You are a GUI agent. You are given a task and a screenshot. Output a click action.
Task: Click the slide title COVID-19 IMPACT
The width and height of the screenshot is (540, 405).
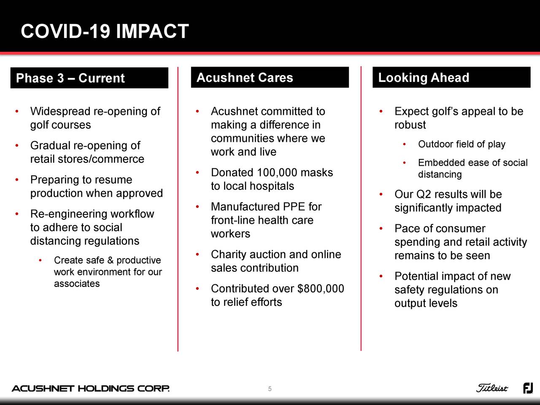pos(105,32)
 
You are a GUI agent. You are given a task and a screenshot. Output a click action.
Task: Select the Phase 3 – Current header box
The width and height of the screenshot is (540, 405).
pos(89,78)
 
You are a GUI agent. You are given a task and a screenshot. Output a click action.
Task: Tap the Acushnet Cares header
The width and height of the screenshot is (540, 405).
pos(270,78)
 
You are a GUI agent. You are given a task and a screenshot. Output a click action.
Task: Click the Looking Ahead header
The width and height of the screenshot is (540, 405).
pos(451,78)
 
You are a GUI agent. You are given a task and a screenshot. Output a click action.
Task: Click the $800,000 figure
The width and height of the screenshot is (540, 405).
pos(321,289)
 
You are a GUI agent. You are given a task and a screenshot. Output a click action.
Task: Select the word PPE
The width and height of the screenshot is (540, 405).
pos(294,207)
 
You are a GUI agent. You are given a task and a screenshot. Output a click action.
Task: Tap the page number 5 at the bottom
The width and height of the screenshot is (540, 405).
pos(270,389)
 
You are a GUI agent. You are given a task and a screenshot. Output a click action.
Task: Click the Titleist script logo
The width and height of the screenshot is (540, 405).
pos(492,388)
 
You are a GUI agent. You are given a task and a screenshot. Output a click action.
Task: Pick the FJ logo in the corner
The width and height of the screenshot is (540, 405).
pos(528,388)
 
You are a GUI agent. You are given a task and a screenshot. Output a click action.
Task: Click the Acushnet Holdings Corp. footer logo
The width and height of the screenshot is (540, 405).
pos(91,389)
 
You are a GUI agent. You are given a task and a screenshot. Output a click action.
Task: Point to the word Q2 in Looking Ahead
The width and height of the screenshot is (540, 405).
pos(424,194)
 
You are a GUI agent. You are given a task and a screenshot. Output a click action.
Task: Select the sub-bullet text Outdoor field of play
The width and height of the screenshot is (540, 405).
pos(462,144)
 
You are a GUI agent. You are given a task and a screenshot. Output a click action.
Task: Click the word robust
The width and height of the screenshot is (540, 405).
pos(410,125)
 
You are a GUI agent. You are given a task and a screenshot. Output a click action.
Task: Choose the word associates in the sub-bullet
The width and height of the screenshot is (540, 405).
pos(77,283)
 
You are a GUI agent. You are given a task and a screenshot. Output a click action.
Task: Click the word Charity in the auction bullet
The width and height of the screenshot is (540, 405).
pos(228,254)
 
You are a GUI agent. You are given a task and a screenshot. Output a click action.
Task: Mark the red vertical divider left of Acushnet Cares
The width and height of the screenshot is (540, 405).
pos(178,209)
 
